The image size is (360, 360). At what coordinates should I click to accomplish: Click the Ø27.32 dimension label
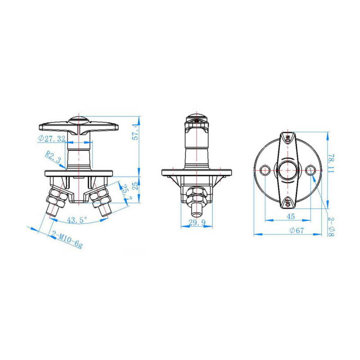[x=52, y=138]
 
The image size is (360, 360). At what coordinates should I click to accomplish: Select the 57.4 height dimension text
[x=136, y=132]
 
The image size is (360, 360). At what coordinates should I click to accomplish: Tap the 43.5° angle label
[x=77, y=220]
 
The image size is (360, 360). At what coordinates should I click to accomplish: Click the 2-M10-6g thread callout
[x=67, y=239]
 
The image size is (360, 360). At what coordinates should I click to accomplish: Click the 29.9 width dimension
[x=197, y=222]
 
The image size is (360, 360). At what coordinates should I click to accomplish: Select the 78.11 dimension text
[x=331, y=163]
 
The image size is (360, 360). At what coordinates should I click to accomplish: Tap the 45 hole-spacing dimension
[x=290, y=216]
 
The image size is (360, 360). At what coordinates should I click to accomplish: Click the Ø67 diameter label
[x=297, y=230]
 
